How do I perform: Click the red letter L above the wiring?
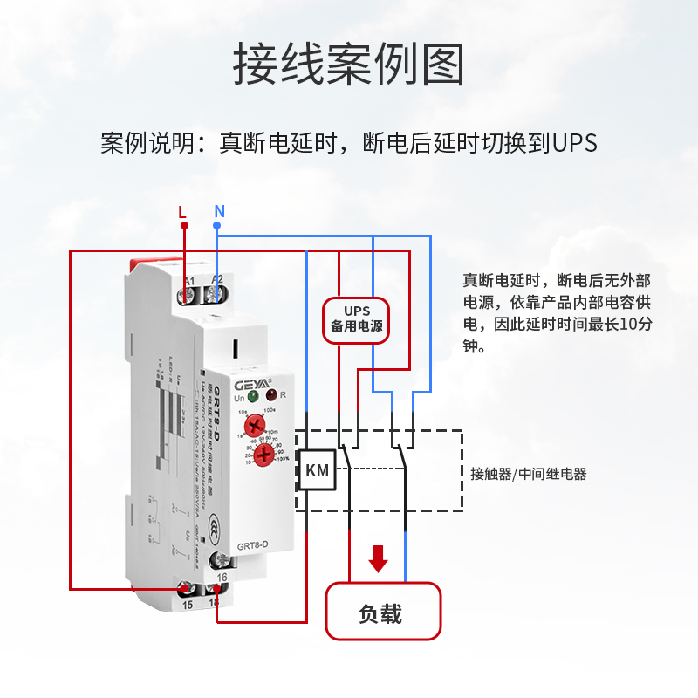click(181, 211)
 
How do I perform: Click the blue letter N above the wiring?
click(219, 211)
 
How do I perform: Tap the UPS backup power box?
click(356, 319)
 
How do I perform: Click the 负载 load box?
click(383, 613)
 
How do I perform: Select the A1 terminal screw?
click(187, 296)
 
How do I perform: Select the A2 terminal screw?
click(215, 296)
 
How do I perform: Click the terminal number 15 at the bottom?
click(187, 603)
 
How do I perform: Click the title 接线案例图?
click(348, 65)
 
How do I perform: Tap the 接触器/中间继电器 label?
click(528, 475)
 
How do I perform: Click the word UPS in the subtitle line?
click(574, 143)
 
